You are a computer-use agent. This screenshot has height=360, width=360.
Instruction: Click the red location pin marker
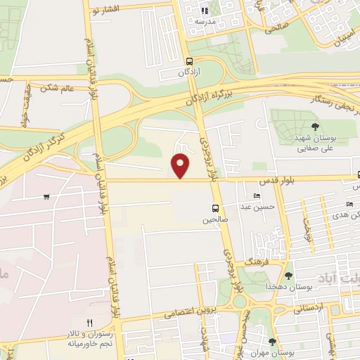pyautogui.click(x=181, y=165)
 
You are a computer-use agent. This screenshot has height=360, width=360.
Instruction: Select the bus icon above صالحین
pyautogui.click(x=215, y=208)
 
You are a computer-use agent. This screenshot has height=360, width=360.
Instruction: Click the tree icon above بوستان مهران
pyautogui.click(x=272, y=342)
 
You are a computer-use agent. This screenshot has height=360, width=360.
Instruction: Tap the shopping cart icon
pyautogui.click(x=46, y=196)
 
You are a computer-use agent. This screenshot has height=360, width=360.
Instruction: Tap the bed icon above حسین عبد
pyautogui.click(x=257, y=195)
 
